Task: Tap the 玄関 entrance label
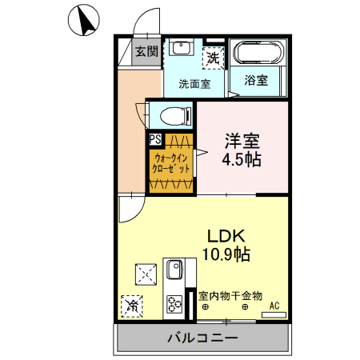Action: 146,53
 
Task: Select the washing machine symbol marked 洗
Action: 212,57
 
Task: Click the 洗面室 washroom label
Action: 194,83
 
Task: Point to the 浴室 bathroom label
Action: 256,80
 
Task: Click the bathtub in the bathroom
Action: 256,54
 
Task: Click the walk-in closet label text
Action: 172,164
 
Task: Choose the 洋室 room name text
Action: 242,141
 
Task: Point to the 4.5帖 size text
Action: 242,159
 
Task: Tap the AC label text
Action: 274,305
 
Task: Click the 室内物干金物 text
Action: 230,295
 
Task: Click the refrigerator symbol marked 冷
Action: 131,305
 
